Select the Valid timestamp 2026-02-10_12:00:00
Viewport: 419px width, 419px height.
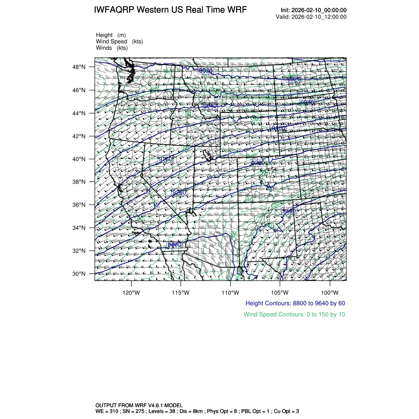pyautogui.click(x=319, y=17)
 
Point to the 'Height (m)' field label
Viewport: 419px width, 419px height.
pyautogui.click(x=111, y=35)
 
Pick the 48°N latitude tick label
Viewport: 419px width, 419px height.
pyautogui.click(x=80, y=67)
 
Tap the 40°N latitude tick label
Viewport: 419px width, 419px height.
pyautogui.click(x=80, y=159)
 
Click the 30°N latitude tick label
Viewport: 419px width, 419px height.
pyautogui.click(x=80, y=274)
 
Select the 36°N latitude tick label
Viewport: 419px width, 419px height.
pyautogui.click(x=80, y=205)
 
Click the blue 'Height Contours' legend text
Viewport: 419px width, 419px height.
pyautogui.click(x=295, y=303)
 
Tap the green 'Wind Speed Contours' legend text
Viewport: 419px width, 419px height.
pyautogui.click(x=294, y=314)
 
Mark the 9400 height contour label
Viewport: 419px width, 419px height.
pyautogui.click(x=279, y=128)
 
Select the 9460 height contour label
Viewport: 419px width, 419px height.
pyautogui.click(x=289, y=211)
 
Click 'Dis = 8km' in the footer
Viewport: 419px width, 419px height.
pyautogui.click(x=192, y=411)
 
